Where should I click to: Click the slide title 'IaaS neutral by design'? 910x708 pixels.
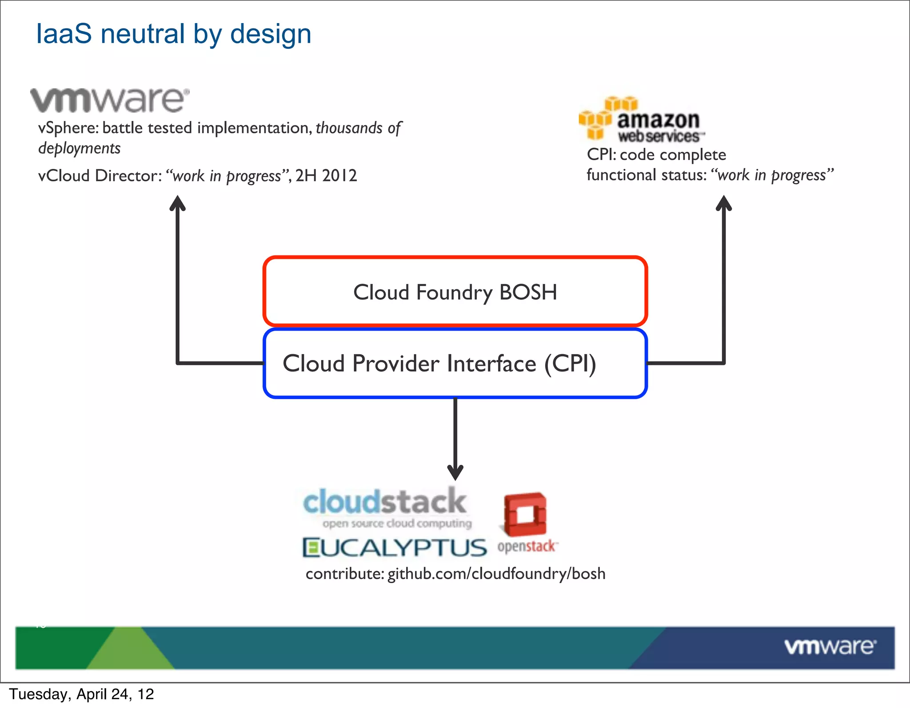point(173,34)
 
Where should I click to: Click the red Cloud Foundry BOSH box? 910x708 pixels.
point(455,292)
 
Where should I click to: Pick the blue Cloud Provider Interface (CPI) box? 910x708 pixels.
point(455,363)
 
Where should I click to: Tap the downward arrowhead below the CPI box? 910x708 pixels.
point(455,472)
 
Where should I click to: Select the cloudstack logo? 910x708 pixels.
point(386,507)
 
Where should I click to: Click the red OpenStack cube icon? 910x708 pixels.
point(525,514)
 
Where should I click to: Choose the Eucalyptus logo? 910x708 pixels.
point(395,548)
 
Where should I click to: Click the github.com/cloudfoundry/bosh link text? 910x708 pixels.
point(496,574)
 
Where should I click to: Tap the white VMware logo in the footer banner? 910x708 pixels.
point(830,647)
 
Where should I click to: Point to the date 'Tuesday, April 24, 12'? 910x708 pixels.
point(82,694)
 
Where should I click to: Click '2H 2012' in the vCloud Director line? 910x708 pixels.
point(326,176)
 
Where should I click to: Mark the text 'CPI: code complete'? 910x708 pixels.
point(656,155)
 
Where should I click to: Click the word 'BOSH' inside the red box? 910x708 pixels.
point(528,292)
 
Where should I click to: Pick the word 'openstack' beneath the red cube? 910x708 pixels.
point(527,546)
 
